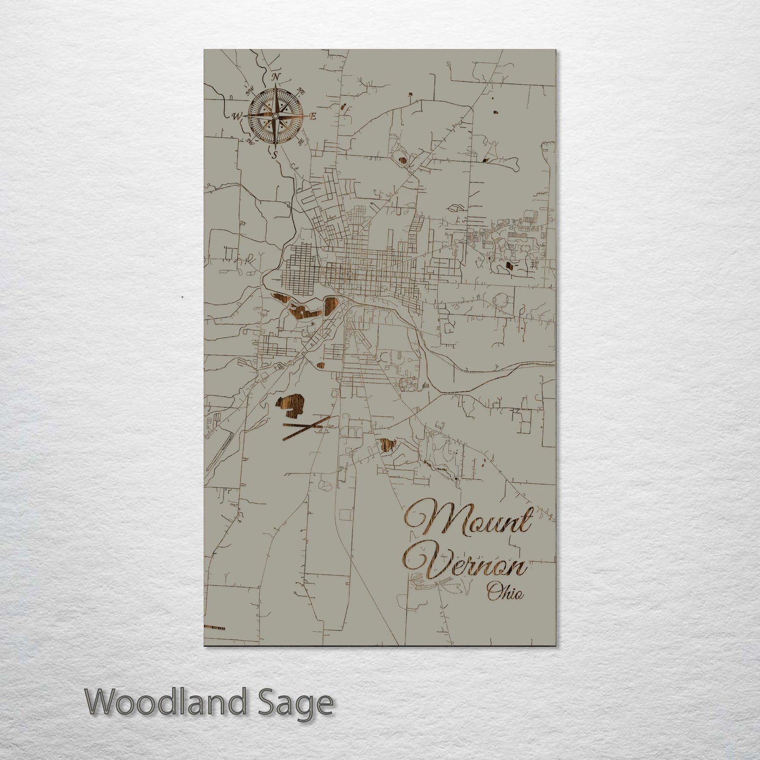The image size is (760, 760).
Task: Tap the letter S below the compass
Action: click(273, 154)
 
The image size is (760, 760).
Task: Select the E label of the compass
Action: click(312, 117)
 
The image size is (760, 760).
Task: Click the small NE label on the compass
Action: click(301, 89)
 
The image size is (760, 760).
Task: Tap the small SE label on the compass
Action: click(300, 141)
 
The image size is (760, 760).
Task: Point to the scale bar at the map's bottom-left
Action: click(215, 627)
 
